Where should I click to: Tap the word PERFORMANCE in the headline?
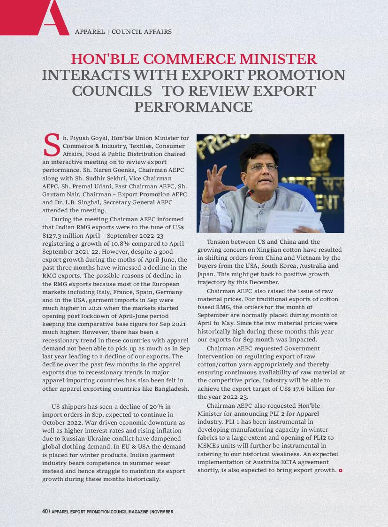point(193,107)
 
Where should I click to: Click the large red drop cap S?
point(51,145)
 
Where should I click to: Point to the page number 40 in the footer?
point(45,512)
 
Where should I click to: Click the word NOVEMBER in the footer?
point(162,512)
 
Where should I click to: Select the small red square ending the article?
point(340,470)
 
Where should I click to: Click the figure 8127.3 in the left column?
point(52,235)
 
